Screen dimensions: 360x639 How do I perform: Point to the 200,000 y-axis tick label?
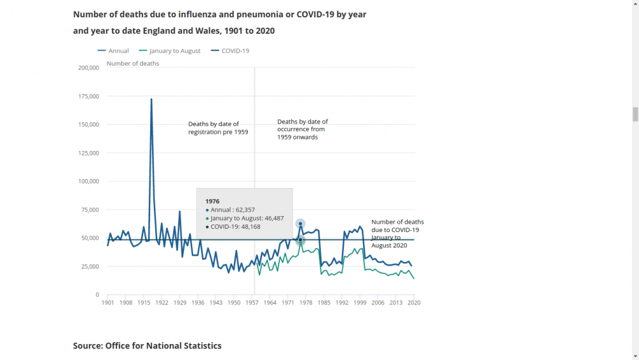coord(88,68)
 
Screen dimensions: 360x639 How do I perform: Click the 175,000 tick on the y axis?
coord(88,97)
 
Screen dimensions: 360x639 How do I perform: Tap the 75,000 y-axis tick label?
coord(89,210)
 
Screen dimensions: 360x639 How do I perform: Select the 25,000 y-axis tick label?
coord(89,267)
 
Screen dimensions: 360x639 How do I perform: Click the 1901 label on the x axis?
coord(107,302)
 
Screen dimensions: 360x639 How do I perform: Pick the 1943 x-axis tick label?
coord(216,302)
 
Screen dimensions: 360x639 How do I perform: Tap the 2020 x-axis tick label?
coord(415,302)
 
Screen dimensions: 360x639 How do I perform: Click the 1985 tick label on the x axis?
coord(325,302)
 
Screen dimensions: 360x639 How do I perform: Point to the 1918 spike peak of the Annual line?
coord(151,99)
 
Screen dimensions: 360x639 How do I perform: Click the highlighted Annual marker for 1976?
coord(300,224)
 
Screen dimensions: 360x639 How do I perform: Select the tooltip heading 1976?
coord(213,201)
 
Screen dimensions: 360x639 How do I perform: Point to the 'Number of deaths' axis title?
coord(133,63)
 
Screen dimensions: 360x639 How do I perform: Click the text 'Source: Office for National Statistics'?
coord(147,346)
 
